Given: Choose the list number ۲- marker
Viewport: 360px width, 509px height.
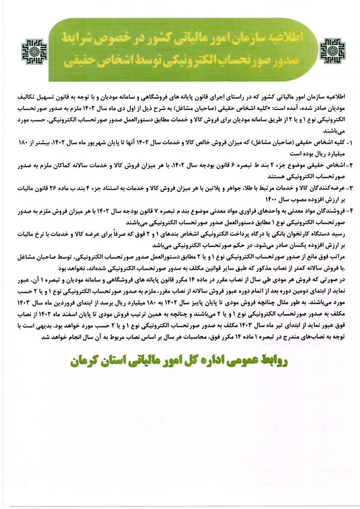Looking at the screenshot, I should [348, 164].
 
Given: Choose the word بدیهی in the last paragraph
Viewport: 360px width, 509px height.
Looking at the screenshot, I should [39, 326].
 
